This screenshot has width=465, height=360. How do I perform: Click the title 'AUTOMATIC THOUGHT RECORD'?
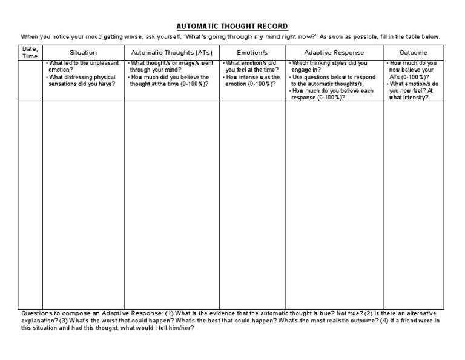coord(232,27)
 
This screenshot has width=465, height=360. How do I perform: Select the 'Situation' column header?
coord(83,52)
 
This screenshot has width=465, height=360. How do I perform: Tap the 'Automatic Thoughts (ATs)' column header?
coord(171,52)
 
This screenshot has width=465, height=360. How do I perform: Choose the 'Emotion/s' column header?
coord(252,52)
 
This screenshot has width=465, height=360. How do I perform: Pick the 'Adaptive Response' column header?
coord(334,52)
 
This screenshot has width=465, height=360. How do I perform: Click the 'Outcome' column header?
coord(414,52)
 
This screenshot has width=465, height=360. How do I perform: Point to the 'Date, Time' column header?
coord(30,52)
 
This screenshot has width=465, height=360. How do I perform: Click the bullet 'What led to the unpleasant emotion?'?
coord(82,67)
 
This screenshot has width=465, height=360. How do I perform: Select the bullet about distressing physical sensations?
coord(82,81)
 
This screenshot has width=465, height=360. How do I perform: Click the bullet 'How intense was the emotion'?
coord(252,81)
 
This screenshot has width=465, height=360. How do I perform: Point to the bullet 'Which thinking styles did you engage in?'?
coord(329,67)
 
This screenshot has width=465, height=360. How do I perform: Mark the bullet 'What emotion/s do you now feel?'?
coord(414,90)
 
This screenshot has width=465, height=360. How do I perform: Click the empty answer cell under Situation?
coord(83,200)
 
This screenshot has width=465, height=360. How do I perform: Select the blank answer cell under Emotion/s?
coord(252,200)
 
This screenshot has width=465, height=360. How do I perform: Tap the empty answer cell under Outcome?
coord(414,200)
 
